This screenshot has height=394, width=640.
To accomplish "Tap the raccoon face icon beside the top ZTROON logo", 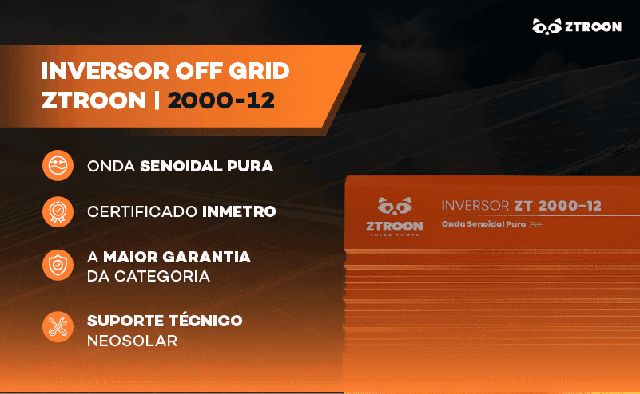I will coord(547,26).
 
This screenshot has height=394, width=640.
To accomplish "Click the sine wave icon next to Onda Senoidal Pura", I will coord(57,167).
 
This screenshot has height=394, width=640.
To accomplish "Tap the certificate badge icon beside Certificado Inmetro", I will coord(57,212).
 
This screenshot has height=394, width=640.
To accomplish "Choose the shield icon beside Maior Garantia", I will coord(57,266).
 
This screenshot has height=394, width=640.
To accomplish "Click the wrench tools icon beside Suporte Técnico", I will coord(57,327).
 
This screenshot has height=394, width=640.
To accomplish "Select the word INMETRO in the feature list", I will coord(239,212).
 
